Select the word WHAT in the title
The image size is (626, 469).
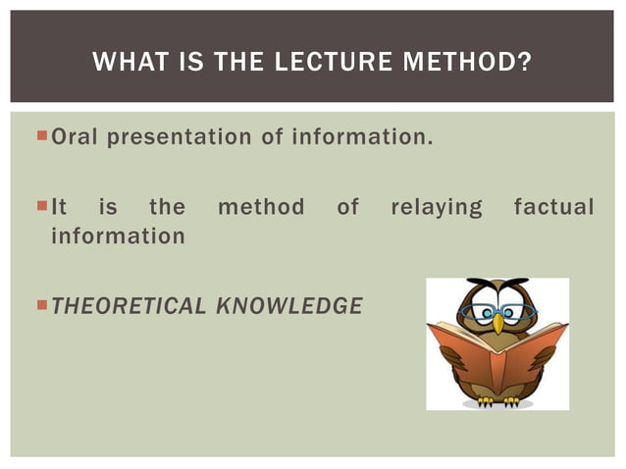tap(127, 65)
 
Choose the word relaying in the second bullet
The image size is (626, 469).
tap(437, 208)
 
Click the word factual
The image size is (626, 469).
tap(553, 208)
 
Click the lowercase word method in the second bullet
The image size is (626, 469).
tap(260, 208)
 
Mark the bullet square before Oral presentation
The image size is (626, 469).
tap(40, 135)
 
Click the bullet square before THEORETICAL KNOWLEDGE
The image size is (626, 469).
tap(40, 306)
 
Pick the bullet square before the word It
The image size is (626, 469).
tap(40, 207)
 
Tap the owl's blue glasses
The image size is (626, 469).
tap(497, 311)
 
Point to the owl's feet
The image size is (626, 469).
tap(496, 399)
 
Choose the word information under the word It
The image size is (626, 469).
tap(118, 236)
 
